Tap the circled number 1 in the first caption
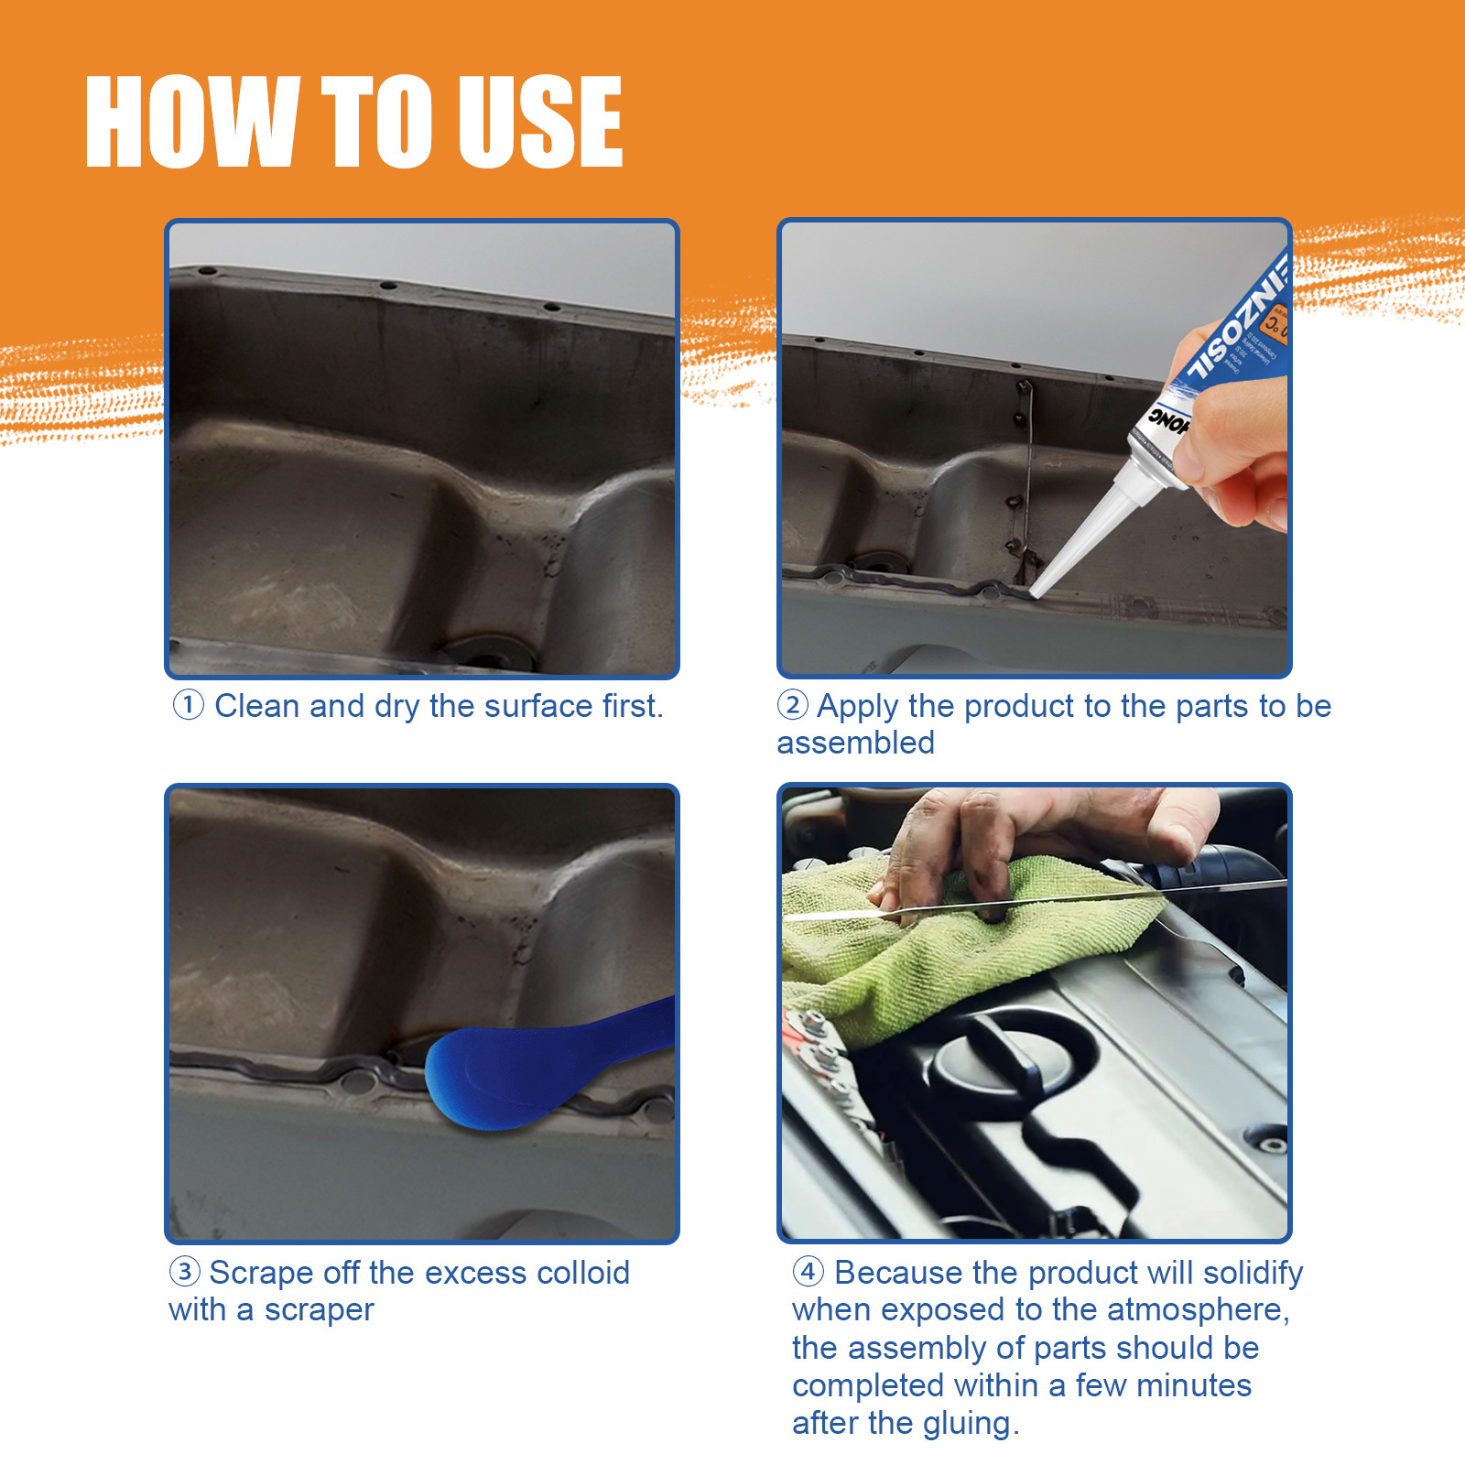point(189,705)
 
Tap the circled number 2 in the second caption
point(792,705)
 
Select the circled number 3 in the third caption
point(185,1272)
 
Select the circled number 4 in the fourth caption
point(808,1272)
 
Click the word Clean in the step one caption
point(256,706)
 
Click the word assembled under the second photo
point(855,743)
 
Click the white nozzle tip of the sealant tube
point(1044,586)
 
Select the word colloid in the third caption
point(582,1273)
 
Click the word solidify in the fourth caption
point(1253,1273)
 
